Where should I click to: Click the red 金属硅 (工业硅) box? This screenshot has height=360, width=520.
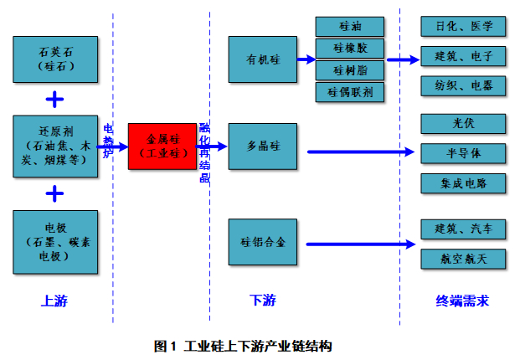coord(162,147)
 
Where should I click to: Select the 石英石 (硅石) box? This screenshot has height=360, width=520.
coord(55,59)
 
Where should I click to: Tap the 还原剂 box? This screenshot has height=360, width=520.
coord(55,147)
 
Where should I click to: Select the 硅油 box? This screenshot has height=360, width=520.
coord(349,27)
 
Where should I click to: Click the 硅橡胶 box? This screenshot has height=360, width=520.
coord(349,49)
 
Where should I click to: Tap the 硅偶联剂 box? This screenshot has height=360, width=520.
coord(349,92)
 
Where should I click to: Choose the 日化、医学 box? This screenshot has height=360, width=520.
coord(463,27)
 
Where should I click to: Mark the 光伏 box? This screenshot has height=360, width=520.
coord(463,123)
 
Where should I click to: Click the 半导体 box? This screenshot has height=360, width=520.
coord(463,152)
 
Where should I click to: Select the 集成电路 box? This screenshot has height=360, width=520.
coord(463,182)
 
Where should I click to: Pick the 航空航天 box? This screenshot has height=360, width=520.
coord(463,259)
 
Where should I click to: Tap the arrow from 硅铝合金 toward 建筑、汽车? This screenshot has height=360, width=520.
coord(361,244)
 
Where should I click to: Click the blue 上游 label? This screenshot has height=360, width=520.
coord(54,301)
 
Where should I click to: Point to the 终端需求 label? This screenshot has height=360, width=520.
coord(462,301)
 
